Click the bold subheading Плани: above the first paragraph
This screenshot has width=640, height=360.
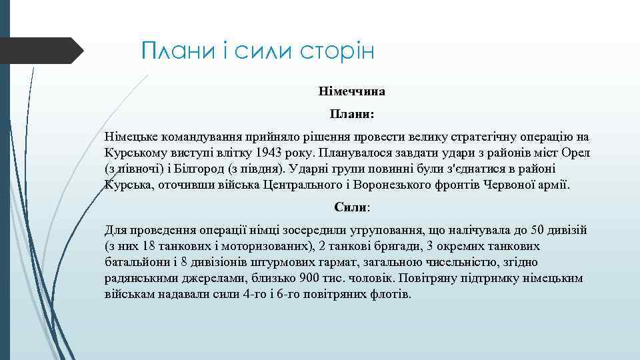point(351,114)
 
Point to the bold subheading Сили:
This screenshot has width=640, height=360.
point(351,207)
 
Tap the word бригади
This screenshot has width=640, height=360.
point(380,246)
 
